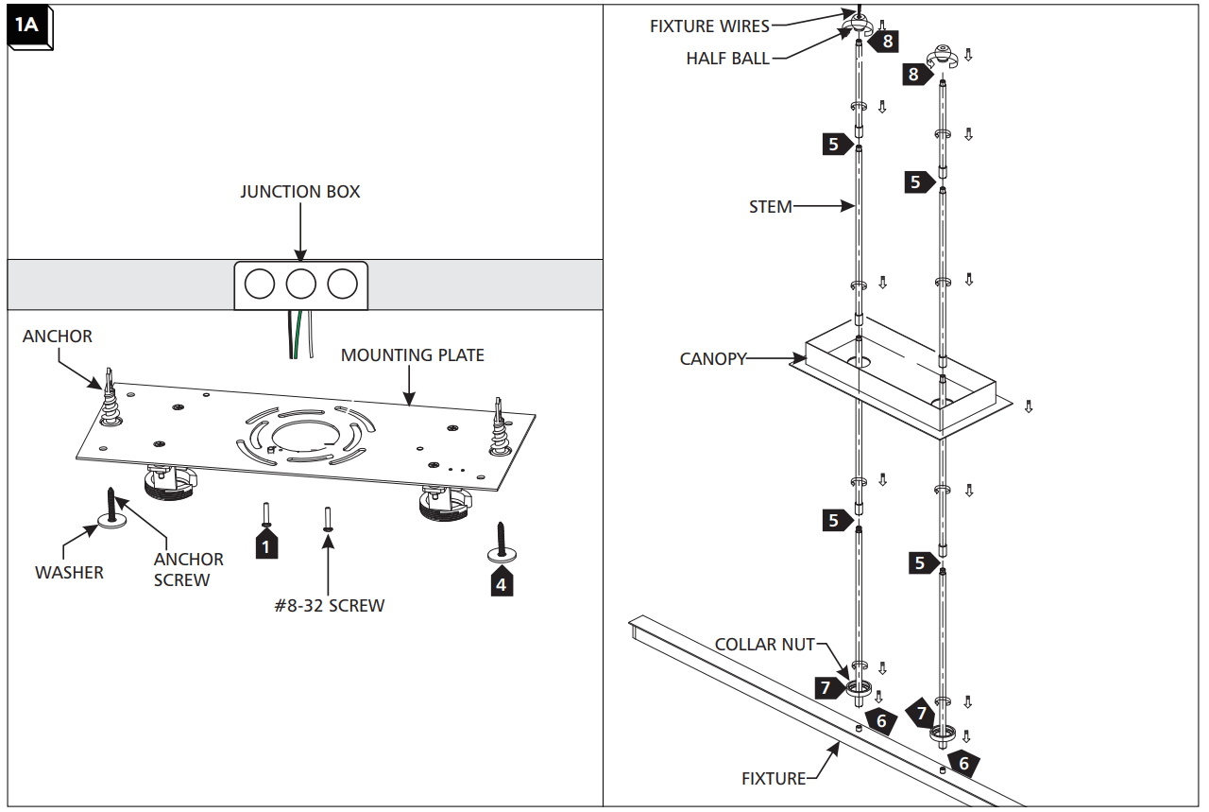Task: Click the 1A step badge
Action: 27,26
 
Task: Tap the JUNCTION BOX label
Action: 299,192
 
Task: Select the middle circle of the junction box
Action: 300,284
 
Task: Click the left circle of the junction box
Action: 260,284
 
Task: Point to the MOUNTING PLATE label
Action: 412,356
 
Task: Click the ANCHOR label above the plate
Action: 58,337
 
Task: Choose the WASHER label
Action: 69,573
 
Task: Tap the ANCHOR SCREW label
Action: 188,569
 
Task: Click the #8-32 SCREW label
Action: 329,606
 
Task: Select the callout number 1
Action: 266,546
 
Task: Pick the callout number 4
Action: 501,584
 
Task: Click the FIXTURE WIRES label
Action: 708,26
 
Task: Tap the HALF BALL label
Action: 727,59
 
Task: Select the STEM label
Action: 770,206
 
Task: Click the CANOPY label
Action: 712,359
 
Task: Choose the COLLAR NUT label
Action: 764,645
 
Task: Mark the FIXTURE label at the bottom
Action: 773,779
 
